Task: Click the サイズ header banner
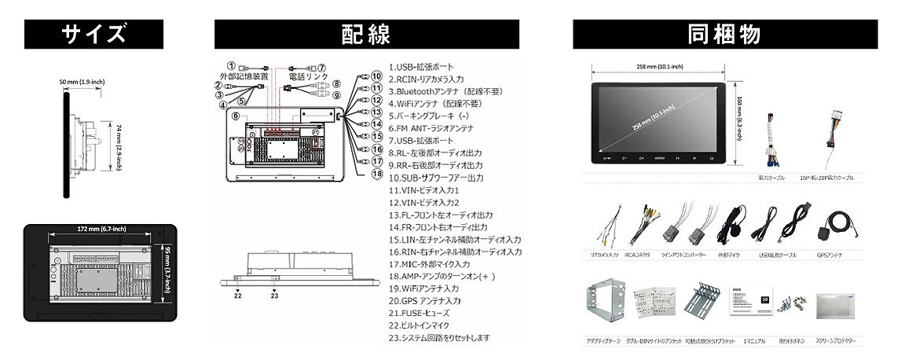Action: pyautogui.click(x=95, y=35)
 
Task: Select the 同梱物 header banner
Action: pyautogui.click(x=724, y=35)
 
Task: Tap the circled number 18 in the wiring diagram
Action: pyautogui.click(x=377, y=173)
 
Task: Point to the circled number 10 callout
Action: pyautogui.click(x=377, y=76)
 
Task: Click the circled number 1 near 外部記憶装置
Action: pyautogui.click(x=231, y=66)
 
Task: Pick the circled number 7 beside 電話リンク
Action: pyautogui.click(x=321, y=68)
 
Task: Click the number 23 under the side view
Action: pyautogui.click(x=274, y=296)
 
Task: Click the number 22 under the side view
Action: pyautogui.click(x=237, y=296)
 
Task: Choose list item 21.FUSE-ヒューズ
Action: pyautogui.click(x=423, y=313)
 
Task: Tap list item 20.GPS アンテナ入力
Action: pyautogui.click(x=425, y=300)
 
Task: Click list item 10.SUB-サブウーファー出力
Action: pyautogui.click(x=436, y=178)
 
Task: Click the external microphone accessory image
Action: pyautogui.click(x=735, y=222)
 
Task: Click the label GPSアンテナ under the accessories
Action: pyautogui.click(x=834, y=255)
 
